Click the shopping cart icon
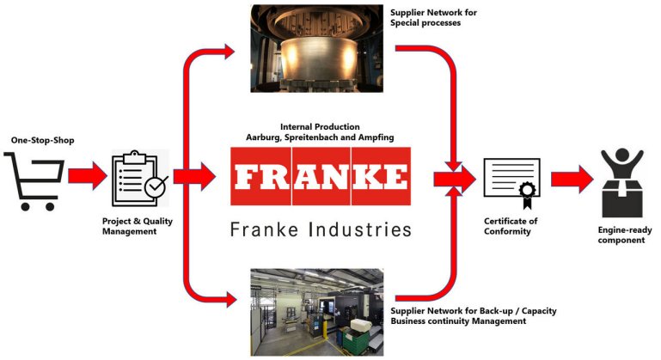pos(34,180)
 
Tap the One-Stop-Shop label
pos(39,139)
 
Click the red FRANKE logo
pos(321,177)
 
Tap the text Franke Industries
pos(321,229)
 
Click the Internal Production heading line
pos(320,125)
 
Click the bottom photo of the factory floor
pos(316,310)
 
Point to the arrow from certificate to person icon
pos(572,179)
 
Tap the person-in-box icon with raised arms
pos(621,182)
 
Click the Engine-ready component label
pos(621,235)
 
